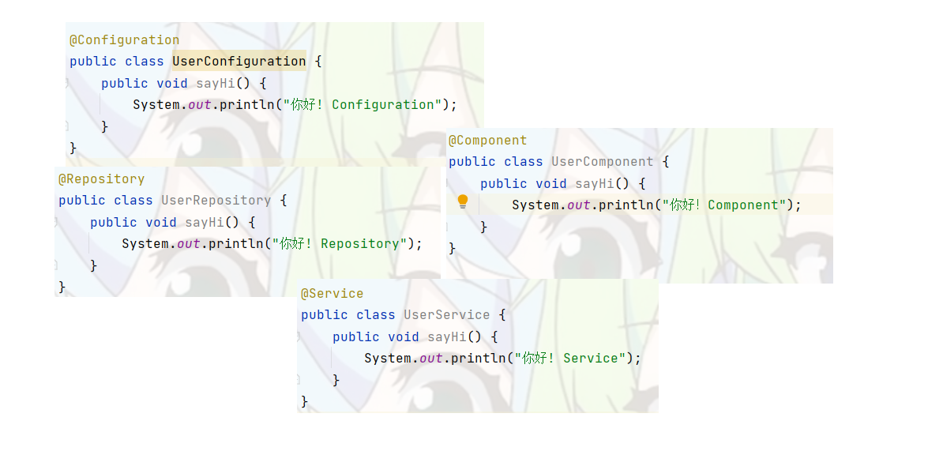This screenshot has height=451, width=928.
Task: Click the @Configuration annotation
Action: (x=124, y=39)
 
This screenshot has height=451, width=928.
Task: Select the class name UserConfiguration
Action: (x=239, y=61)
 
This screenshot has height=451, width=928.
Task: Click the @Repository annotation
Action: (x=101, y=179)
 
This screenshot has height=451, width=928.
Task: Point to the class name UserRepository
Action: (x=216, y=200)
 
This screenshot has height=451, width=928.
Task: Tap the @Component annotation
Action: (x=487, y=140)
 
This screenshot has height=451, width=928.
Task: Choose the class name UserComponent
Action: (x=602, y=161)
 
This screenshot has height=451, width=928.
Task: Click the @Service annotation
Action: (x=332, y=293)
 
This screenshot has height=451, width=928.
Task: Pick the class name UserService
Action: (x=446, y=314)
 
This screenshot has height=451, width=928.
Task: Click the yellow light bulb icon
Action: (x=463, y=202)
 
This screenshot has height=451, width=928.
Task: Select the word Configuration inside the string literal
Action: (x=383, y=104)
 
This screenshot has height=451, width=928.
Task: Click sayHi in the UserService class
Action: (x=446, y=336)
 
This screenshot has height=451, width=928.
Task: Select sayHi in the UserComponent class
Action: (x=594, y=183)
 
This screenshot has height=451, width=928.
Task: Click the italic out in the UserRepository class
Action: (x=188, y=243)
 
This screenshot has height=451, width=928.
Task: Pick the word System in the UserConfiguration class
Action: (x=156, y=104)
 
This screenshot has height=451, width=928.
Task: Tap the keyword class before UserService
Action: (x=375, y=314)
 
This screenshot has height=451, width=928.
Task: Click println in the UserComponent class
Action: (x=626, y=205)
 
